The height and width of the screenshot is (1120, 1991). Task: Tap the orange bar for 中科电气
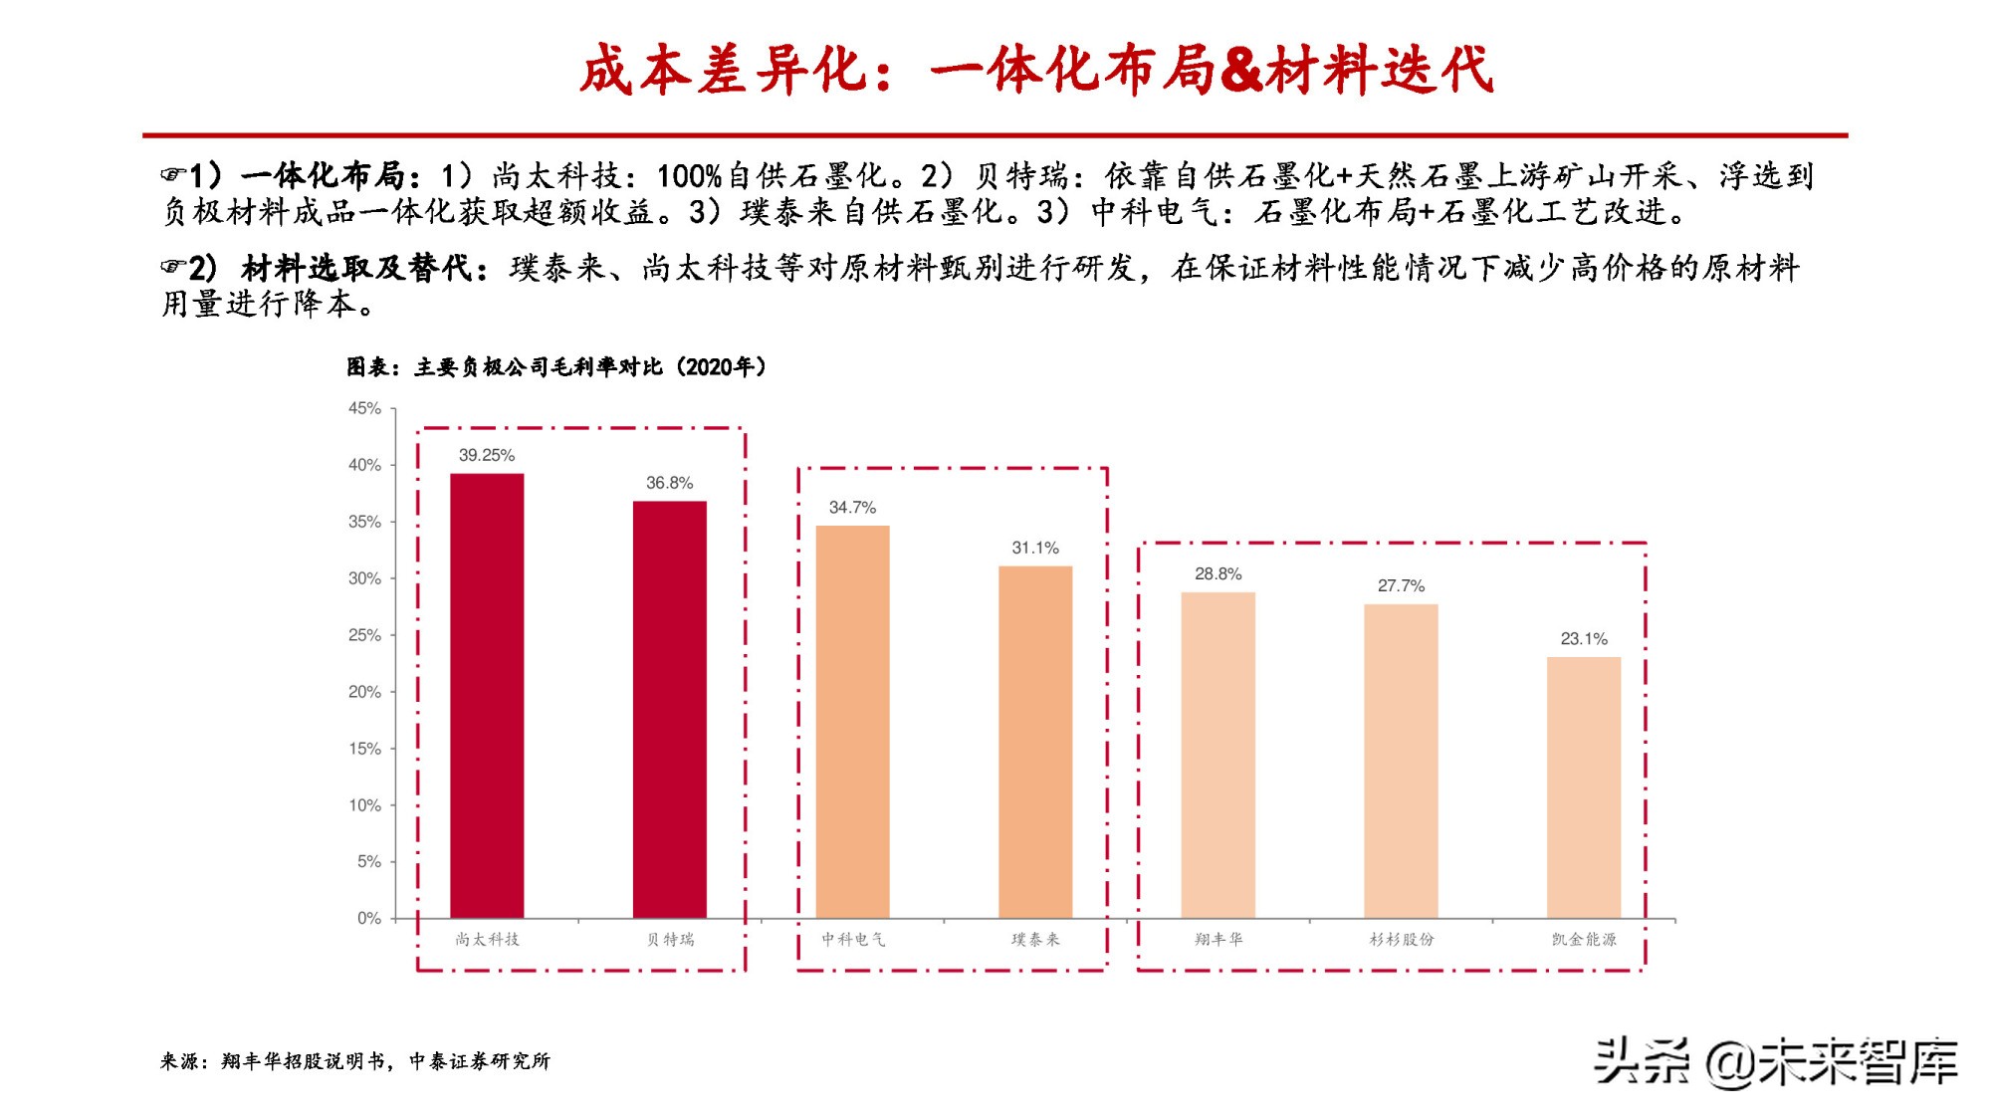point(852,721)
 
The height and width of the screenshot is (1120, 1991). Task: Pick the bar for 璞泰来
point(1035,742)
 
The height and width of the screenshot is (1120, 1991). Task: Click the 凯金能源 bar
point(1584,786)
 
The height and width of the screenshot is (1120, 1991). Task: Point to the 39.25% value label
point(487,455)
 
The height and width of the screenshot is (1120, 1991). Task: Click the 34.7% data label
point(852,508)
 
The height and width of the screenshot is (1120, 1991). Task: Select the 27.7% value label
point(1401,586)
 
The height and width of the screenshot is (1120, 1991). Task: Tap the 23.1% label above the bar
point(1584,639)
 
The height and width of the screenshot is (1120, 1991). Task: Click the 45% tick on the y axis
point(364,408)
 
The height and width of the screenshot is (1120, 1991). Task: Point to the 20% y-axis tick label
point(364,692)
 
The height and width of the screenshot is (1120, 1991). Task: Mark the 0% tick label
point(369,918)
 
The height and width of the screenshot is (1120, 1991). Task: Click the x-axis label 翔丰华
point(1218,939)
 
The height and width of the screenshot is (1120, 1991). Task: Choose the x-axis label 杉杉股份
point(1401,939)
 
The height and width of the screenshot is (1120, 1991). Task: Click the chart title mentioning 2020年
point(556,367)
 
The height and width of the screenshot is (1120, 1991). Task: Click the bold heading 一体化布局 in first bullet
point(324,176)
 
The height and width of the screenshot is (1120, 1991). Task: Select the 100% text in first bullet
point(689,176)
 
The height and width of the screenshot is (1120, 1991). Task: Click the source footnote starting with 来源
point(355,1061)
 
